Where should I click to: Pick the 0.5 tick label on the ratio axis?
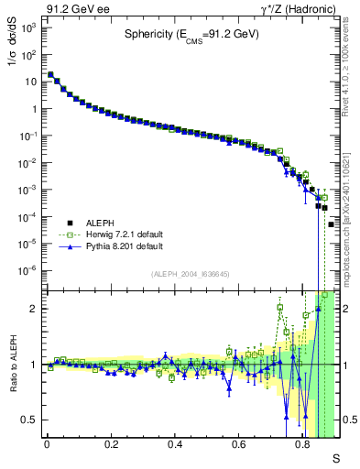tap(30, 420)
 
